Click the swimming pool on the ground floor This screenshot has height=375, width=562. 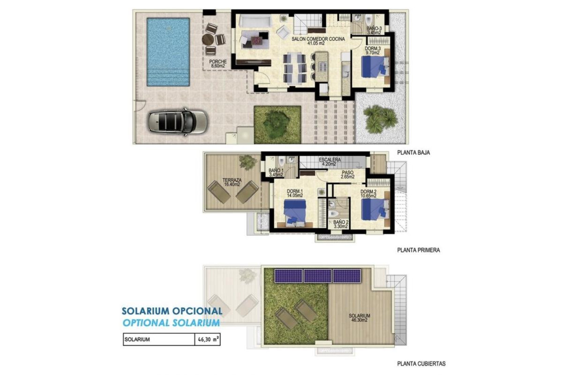[168, 52]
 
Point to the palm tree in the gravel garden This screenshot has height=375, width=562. [379, 118]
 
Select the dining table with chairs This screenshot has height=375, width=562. [295, 68]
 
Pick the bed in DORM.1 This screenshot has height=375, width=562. [295, 212]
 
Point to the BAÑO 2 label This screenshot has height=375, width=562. [340, 225]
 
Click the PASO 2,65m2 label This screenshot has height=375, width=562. [347, 175]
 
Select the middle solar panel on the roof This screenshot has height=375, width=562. [317, 276]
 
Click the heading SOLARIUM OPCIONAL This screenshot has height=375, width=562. [172, 311]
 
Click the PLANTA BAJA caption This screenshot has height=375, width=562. [413, 152]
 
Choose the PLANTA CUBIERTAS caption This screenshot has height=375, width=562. [421, 363]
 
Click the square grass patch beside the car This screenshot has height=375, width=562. [277, 124]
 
